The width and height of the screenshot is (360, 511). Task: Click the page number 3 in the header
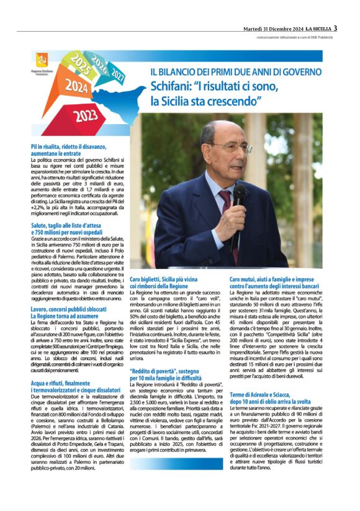pyautogui.click(x=335, y=28)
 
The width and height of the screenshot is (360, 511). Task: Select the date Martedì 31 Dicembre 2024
pyautogui.click(x=272, y=29)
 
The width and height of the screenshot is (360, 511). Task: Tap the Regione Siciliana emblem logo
pyautogui.click(x=42, y=60)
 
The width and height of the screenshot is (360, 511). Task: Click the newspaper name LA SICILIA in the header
pyautogui.click(x=314, y=29)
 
